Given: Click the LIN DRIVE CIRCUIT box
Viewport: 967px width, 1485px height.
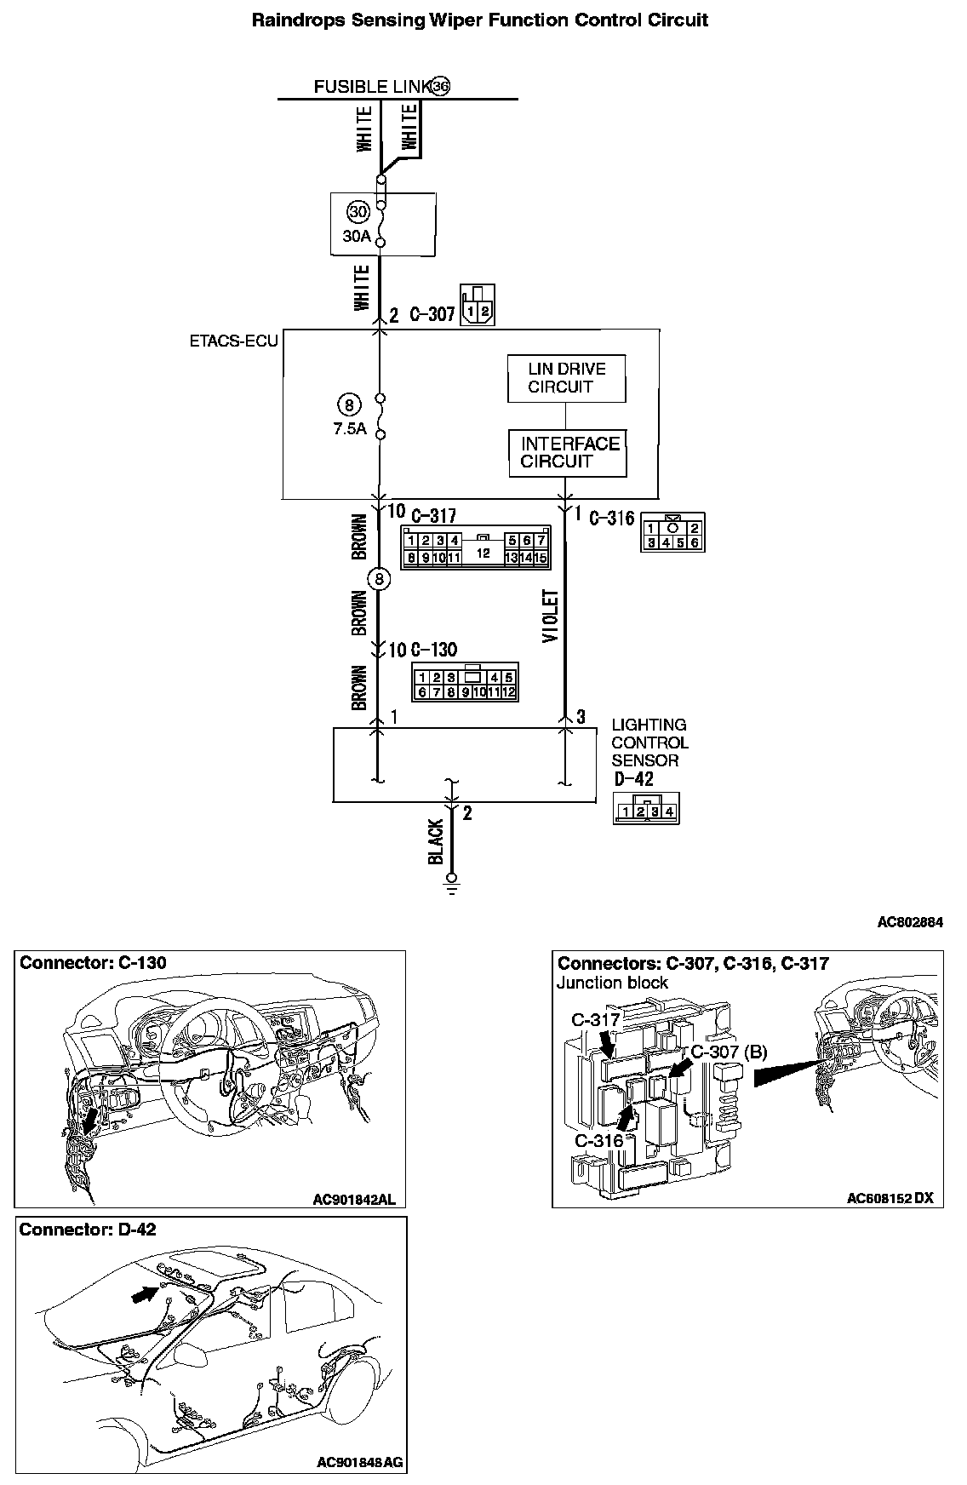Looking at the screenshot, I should point(566,378).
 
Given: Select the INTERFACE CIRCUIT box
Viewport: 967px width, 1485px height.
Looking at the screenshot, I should point(567,453).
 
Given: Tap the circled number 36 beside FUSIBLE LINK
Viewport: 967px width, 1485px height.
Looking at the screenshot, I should point(439,86).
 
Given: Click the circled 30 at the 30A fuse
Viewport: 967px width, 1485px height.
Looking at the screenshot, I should point(357,211).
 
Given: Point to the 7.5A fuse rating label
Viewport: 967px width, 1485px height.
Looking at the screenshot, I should point(350,428).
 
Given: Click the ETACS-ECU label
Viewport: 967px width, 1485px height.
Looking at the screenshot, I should point(233,341).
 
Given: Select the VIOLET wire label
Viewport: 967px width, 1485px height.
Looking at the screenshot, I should point(551,616).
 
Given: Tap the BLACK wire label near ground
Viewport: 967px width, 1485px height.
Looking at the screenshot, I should point(436,843).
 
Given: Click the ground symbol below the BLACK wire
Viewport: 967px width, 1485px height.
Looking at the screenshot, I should point(452,885).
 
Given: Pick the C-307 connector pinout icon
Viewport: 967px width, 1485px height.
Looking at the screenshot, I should point(477,304).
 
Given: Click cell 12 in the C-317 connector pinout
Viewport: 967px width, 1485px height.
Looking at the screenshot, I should point(483,553).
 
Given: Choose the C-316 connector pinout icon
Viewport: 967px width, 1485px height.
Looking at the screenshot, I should point(672,533).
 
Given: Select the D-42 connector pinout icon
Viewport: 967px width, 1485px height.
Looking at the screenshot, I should point(646,808).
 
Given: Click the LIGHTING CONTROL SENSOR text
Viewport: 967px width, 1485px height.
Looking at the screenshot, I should point(649,742).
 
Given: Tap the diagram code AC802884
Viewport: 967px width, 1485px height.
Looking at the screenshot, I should point(910,921).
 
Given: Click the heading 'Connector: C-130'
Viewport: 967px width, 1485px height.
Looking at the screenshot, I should point(94,963).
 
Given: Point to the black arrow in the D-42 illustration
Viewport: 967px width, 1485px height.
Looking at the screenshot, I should point(145,1294).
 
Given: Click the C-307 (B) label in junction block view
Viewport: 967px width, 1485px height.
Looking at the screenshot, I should point(729,1052).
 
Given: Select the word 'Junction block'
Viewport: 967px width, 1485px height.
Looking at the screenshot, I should point(612,983).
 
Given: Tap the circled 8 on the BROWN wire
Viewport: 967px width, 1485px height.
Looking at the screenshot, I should point(379,579).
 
